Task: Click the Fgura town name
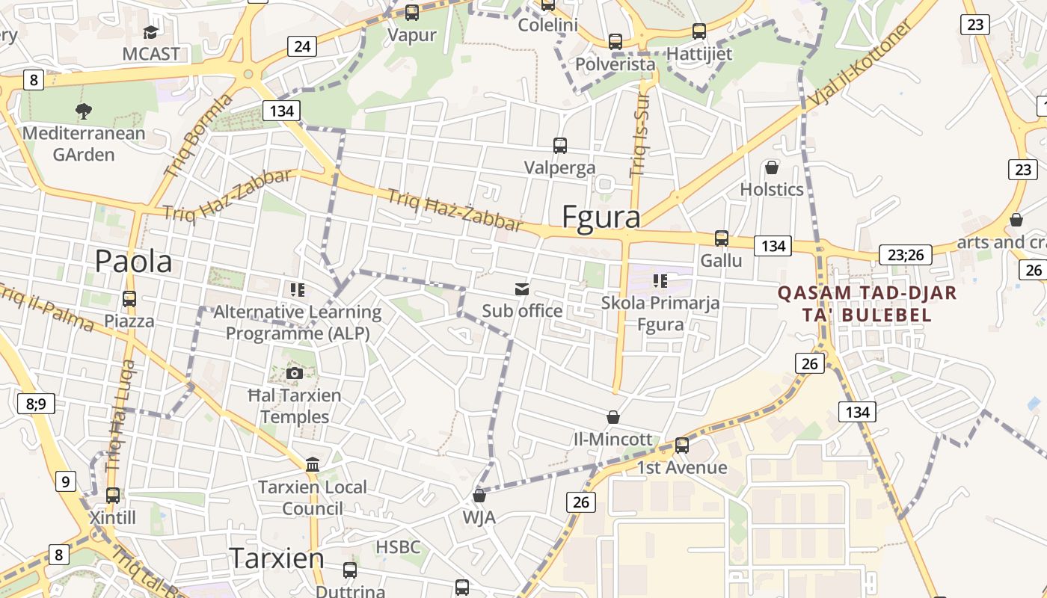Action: pyautogui.click(x=601, y=217)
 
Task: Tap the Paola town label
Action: pyautogui.click(x=133, y=261)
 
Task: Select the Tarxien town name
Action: pyautogui.click(x=277, y=558)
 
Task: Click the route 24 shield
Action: pyautogui.click(x=302, y=46)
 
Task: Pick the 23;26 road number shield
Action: pyautogui.click(x=906, y=255)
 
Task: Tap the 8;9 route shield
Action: pyautogui.click(x=36, y=404)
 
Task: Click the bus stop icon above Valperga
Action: pyautogui.click(x=559, y=146)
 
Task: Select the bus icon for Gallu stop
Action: pyautogui.click(x=722, y=238)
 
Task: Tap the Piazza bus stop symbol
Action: pyautogui.click(x=129, y=299)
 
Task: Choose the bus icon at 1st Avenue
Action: pyautogui.click(x=681, y=446)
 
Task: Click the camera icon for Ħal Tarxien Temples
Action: pyautogui.click(x=294, y=373)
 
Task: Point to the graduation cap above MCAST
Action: pyautogui.click(x=151, y=32)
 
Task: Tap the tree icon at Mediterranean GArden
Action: pyautogui.click(x=83, y=111)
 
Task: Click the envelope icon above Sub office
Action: pyautogui.click(x=521, y=289)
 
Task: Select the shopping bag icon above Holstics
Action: pyautogui.click(x=772, y=167)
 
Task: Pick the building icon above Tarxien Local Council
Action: pyautogui.click(x=313, y=465)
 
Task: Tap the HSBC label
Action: pyautogui.click(x=398, y=546)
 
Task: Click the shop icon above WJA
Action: pyautogui.click(x=479, y=495)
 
